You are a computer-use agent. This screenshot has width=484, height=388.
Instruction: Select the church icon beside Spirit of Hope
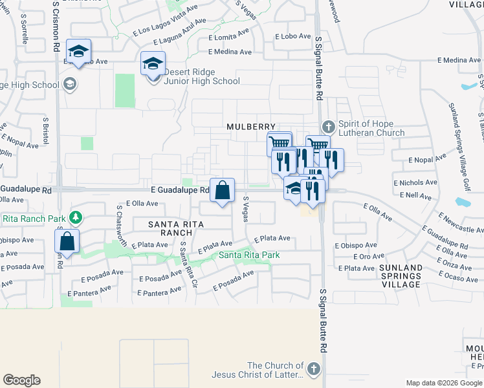click(328, 125)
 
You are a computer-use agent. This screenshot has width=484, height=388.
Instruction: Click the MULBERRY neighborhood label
click(251, 127)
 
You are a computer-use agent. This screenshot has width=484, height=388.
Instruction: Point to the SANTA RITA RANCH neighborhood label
click(176, 228)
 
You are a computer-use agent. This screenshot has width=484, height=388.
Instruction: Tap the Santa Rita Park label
click(249, 255)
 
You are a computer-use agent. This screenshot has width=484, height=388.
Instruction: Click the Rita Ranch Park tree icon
click(76, 216)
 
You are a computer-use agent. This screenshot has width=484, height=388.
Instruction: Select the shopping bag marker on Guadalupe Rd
click(222, 190)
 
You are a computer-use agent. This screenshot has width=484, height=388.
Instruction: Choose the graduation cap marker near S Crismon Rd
click(79, 51)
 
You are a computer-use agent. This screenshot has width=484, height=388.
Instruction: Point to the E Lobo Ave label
click(294, 38)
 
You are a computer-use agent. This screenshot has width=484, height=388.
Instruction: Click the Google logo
click(21, 380)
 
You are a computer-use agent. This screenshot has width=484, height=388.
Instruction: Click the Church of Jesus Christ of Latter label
click(276, 370)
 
